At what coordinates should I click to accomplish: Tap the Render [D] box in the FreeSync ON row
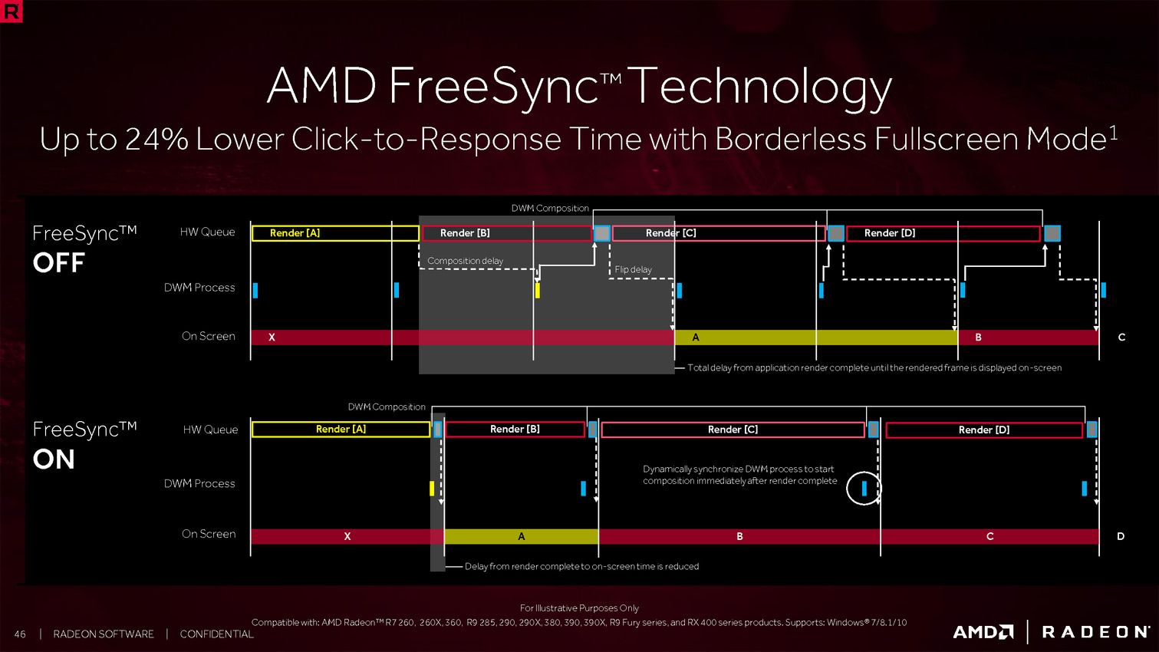pos(984,430)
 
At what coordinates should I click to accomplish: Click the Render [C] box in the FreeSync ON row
pos(733,430)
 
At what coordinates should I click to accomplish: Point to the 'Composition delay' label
pos(465,261)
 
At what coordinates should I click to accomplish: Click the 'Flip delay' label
pos(633,270)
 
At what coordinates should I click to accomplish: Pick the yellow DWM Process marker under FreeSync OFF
pos(537,291)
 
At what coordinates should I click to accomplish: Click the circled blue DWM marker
pos(864,488)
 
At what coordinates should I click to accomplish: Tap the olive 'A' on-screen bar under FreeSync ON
pos(521,537)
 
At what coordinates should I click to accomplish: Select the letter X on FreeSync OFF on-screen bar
pos(272,338)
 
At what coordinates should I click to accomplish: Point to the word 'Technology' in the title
pos(763,86)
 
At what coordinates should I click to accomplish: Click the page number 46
pos(20,634)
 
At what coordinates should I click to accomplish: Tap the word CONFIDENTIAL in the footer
pos(216,634)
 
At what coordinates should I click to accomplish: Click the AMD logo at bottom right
pos(983,632)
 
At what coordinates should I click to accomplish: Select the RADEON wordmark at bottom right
pos(1095,632)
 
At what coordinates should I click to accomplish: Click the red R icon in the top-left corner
pos(12,12)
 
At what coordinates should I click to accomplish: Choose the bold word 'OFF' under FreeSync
pos(58,263)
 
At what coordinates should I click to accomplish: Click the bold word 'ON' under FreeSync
pos(54,459)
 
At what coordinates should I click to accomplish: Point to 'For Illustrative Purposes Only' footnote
pos(579,608)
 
